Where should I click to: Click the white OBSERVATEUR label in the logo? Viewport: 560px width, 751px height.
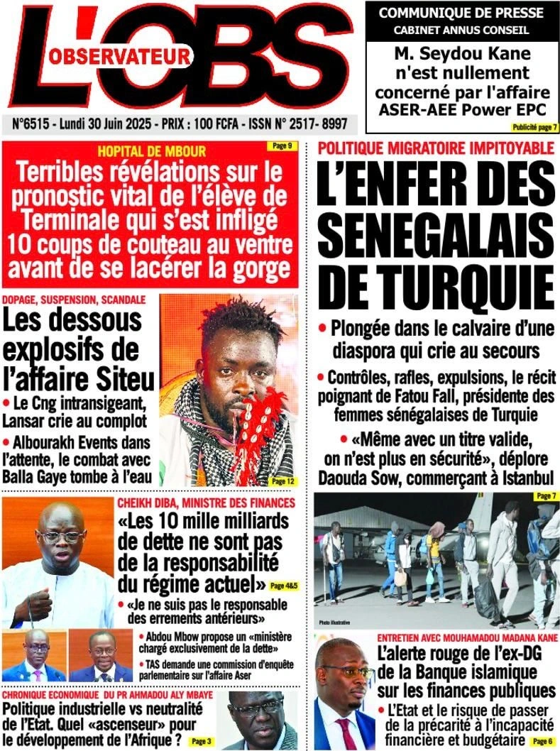[x=121, y=55]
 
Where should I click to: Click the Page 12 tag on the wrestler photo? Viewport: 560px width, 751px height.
[x=282, y=481]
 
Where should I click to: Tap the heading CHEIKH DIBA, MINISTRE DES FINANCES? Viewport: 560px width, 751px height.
[x=206, y=503]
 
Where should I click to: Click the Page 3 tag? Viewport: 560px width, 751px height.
[x=201, y=741]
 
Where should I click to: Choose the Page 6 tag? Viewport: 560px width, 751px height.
[x=541, y=740]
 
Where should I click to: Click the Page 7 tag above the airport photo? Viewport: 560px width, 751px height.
[x=544, y=495]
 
